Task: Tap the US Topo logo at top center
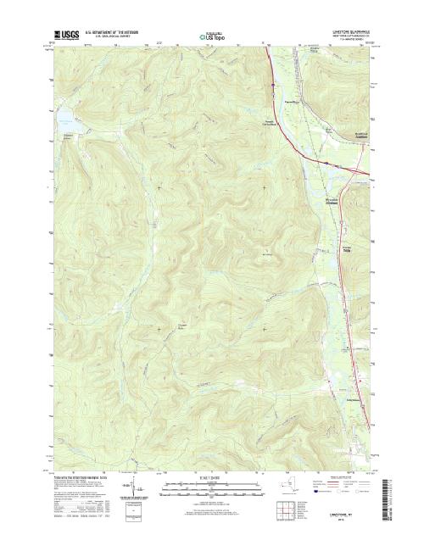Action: point(211,37)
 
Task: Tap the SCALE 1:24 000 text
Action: point(211,476)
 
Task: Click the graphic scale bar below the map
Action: point(211,485)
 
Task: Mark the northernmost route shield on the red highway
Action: point(271,84)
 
